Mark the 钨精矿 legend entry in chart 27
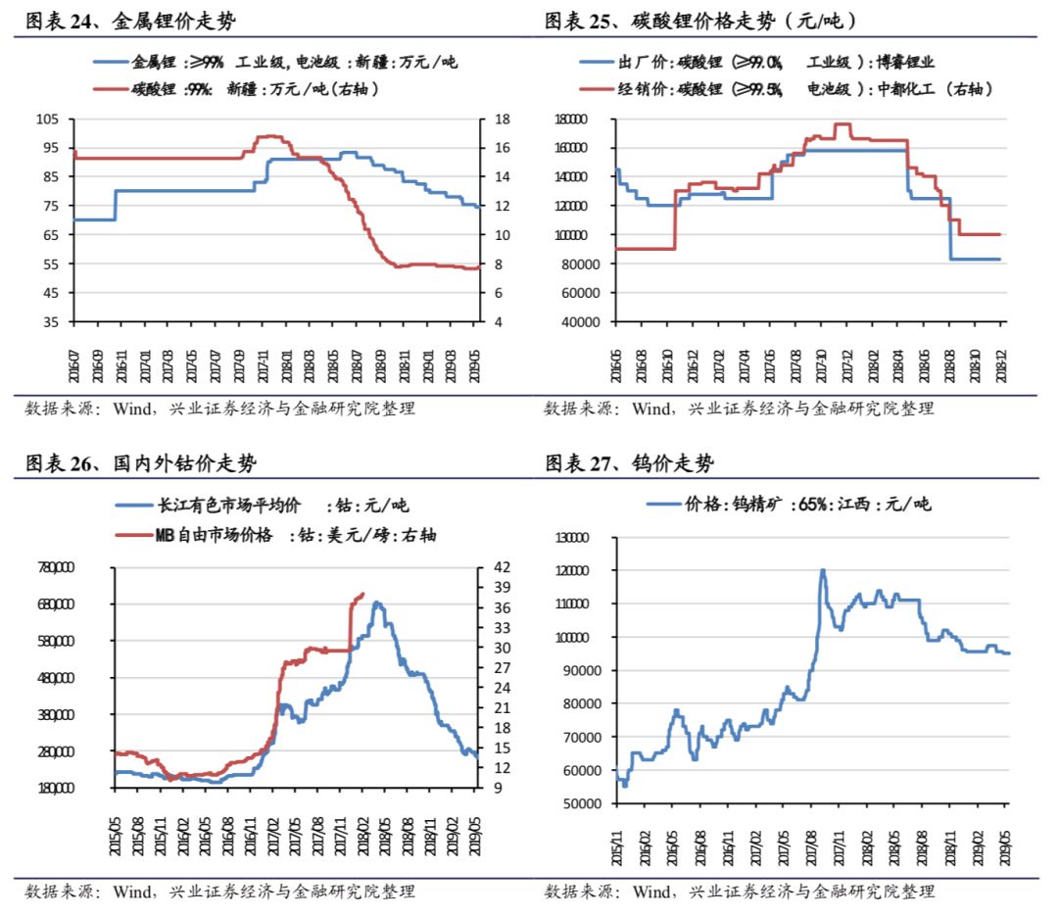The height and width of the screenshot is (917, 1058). [789, 505]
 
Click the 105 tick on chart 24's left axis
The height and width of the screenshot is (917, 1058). [48, 120]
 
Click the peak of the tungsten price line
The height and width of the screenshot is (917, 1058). [823, 570]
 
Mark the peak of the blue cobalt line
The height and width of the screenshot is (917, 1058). [377, 603]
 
